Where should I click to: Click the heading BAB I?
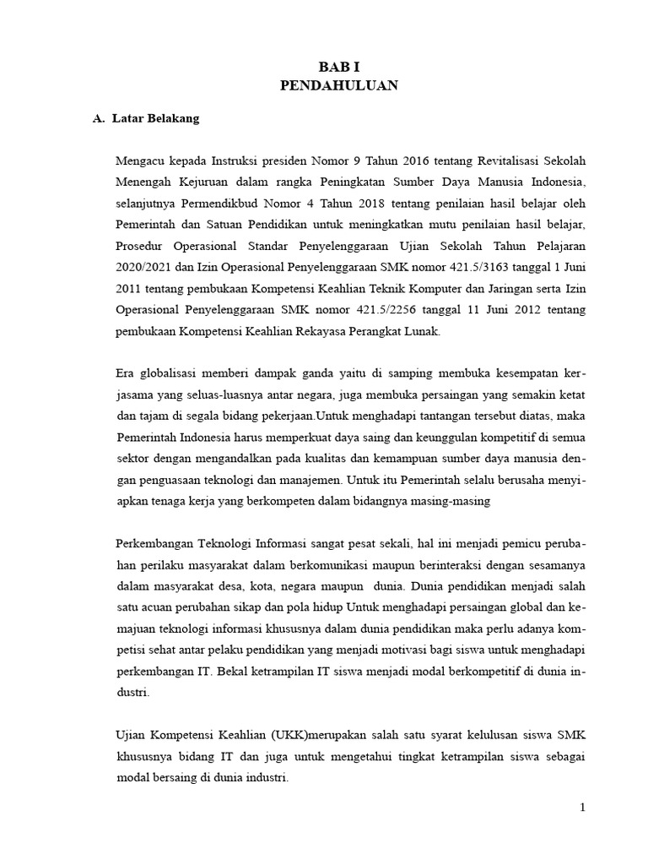click(x=332, y=67)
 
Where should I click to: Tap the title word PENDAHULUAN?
click(x=332, y=85)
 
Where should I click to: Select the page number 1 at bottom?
click(x=582, y=808)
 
